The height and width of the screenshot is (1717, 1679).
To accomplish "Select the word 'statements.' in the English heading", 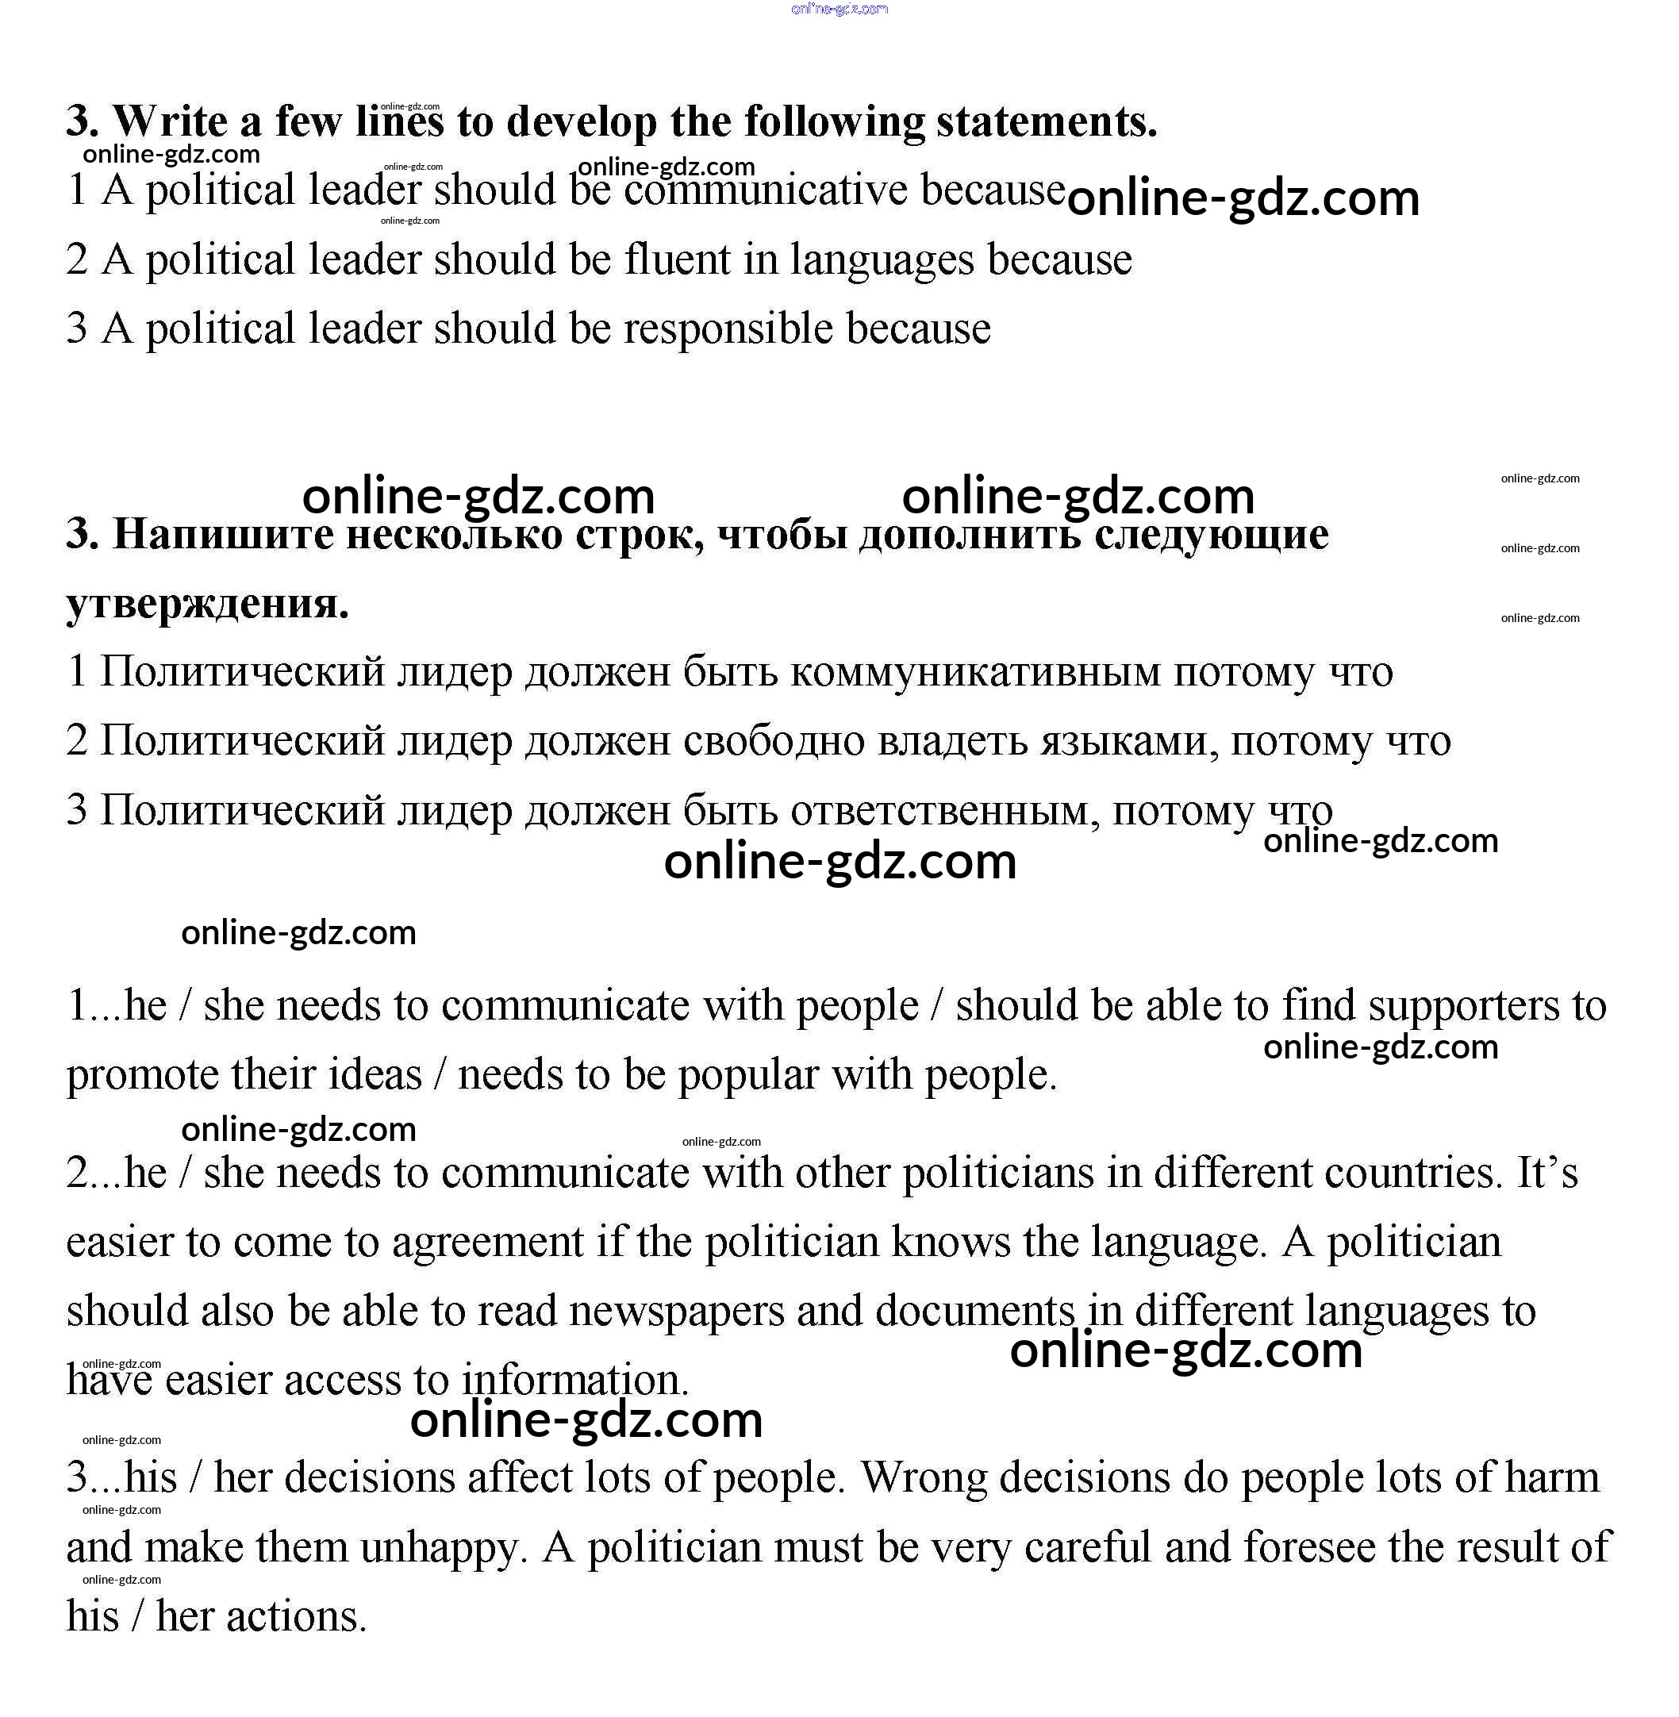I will coord(1047,121).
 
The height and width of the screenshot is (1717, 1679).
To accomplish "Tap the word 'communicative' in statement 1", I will coord(766,190).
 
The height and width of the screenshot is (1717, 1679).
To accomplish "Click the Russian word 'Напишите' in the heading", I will coord(223,535).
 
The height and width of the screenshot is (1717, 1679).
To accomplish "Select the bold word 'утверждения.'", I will coord(207,603).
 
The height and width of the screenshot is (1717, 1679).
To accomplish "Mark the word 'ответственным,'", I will coord(944,809).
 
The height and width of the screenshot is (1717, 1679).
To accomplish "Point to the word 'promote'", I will coord(143,1075).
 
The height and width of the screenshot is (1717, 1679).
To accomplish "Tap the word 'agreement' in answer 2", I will coord(488,1242).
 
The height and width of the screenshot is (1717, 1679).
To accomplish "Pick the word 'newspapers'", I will coord(676,1311).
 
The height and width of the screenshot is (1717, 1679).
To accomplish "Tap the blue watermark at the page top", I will coord(839,10).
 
